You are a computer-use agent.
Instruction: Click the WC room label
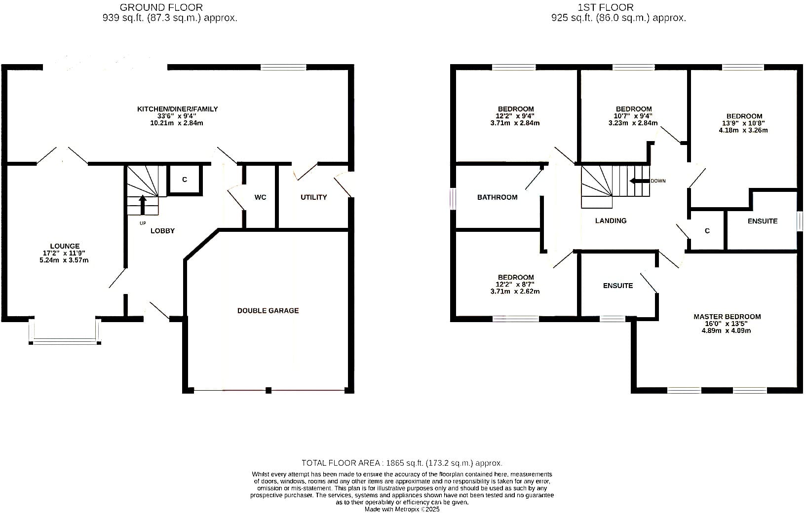260,197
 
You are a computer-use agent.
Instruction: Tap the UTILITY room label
314,197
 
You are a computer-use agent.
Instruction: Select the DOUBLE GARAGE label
268,311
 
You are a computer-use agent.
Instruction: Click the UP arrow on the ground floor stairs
143,205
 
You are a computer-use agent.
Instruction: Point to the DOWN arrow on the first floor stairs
639,181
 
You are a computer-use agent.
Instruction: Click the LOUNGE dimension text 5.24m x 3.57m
64,260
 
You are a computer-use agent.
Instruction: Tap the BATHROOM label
498,197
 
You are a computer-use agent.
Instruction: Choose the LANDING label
611,220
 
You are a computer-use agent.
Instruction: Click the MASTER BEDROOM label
727,317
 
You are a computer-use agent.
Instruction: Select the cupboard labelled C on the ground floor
185,180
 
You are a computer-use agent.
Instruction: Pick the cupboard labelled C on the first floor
707,230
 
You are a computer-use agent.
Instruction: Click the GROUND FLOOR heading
161,7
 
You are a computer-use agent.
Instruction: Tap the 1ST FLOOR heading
606,7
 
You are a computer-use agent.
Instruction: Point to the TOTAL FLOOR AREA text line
402,463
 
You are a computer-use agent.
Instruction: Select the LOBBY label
163,231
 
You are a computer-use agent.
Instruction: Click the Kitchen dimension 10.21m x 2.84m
177,123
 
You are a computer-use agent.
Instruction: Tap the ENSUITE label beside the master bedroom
618,286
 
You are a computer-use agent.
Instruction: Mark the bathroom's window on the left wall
454,199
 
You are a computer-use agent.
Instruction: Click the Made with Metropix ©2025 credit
402,509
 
